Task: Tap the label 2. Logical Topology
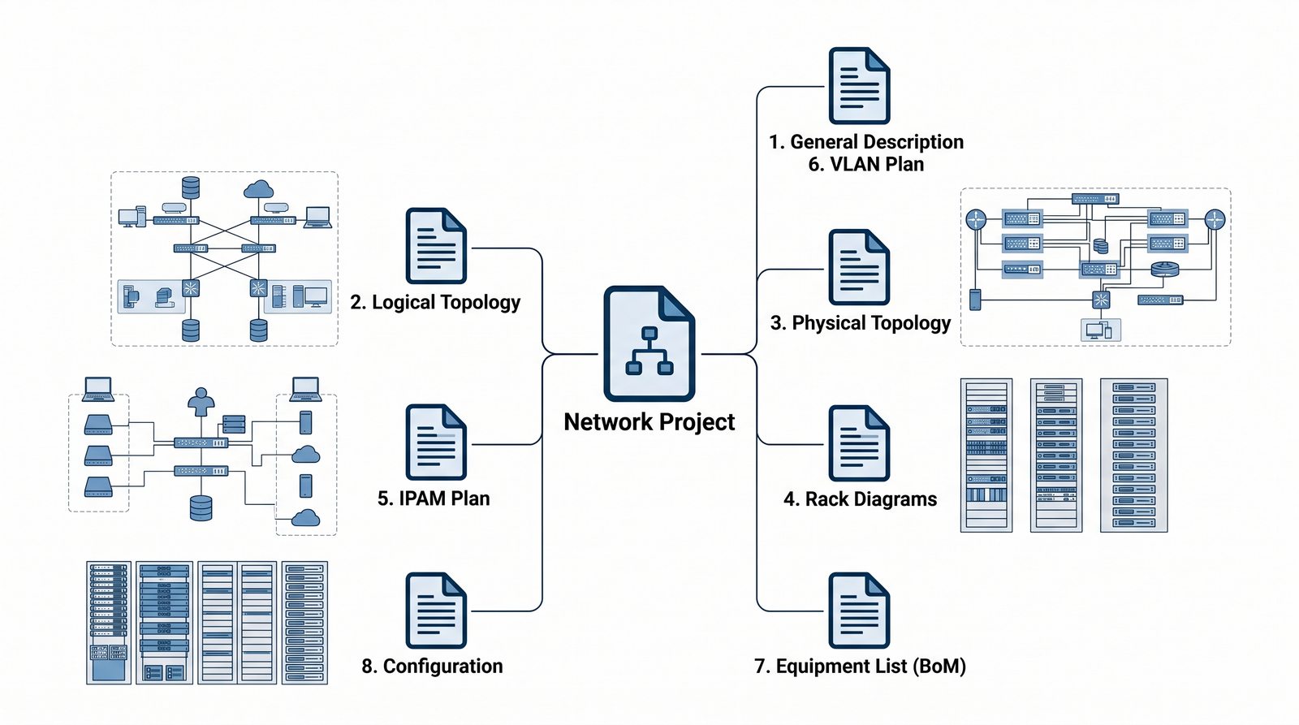point(435,303)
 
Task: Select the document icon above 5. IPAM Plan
point(436,442)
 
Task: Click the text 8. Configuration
point(432,667)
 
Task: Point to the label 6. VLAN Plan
point(866,165)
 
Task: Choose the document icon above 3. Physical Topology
point(859,267)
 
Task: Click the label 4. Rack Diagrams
point(860,499)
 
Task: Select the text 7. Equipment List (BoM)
point(860,667)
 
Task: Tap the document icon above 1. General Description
point(859,85)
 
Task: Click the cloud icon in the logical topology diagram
point(258,190)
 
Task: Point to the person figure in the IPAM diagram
point(201,401)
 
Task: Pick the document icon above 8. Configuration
point(436,611)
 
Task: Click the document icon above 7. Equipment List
point(859,611)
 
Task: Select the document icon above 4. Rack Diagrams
point(859,443)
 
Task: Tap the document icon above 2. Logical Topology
point(436,246)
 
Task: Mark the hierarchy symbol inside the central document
point(649,351)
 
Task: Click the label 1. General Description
point(866,142)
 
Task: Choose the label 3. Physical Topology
point(860,323)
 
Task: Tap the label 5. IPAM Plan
point(434,498)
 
